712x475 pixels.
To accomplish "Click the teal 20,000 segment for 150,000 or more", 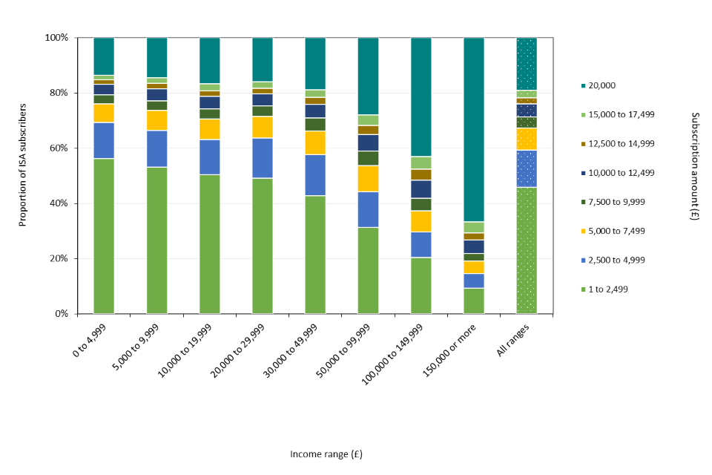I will (x=474, y=129).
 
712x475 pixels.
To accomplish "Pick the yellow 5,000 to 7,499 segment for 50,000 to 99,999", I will (x=368, y=178).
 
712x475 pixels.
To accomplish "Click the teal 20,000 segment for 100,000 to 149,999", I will (x=421, y=96).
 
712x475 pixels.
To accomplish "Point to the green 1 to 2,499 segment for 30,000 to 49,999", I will (x=315, y=254).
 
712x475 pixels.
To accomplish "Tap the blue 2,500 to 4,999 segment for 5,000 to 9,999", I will (x=156, y=148).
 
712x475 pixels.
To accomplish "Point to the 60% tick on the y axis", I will (x=58, y=148).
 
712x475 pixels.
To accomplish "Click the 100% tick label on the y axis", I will (x=56, y=38).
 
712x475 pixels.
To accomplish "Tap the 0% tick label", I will (x=61, y=314).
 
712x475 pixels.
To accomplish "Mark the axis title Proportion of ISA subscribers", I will (x=23, y=176).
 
